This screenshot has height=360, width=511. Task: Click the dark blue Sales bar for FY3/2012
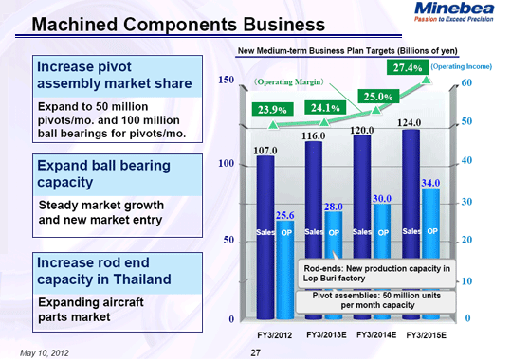click(x=265, y=237)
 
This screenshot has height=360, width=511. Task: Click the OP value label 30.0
click(x=381, y=198)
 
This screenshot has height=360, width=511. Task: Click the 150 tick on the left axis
click(x=226, y=83)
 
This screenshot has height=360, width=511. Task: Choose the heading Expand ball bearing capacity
click(x=102, y=173)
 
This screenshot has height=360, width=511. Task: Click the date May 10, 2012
click(x=45, y=352)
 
